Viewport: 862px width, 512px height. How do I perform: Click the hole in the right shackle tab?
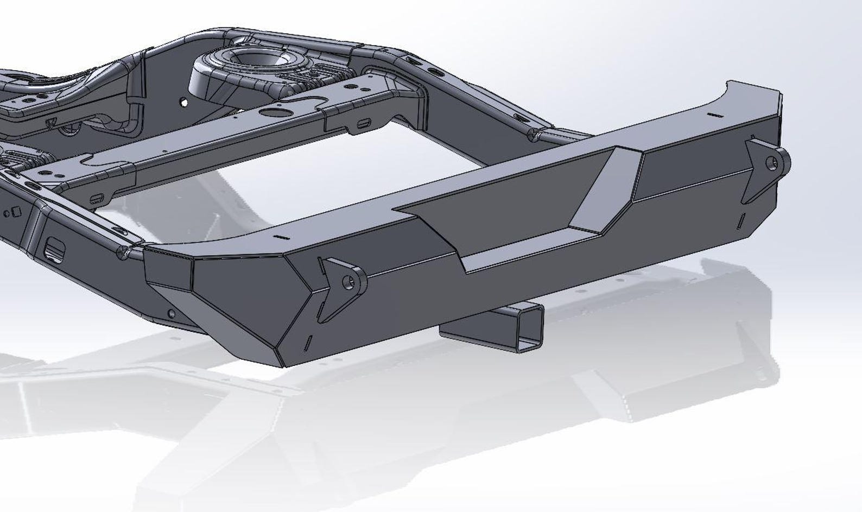(771, 162)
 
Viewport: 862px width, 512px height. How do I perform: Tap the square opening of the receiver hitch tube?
(530, 326)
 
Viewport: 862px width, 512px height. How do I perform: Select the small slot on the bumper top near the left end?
(280, 238)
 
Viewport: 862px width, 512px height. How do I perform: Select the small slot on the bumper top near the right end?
(714, 115)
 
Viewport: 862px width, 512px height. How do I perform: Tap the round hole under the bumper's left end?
(172, 313)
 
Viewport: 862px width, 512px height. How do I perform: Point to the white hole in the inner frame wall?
(184, 102)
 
